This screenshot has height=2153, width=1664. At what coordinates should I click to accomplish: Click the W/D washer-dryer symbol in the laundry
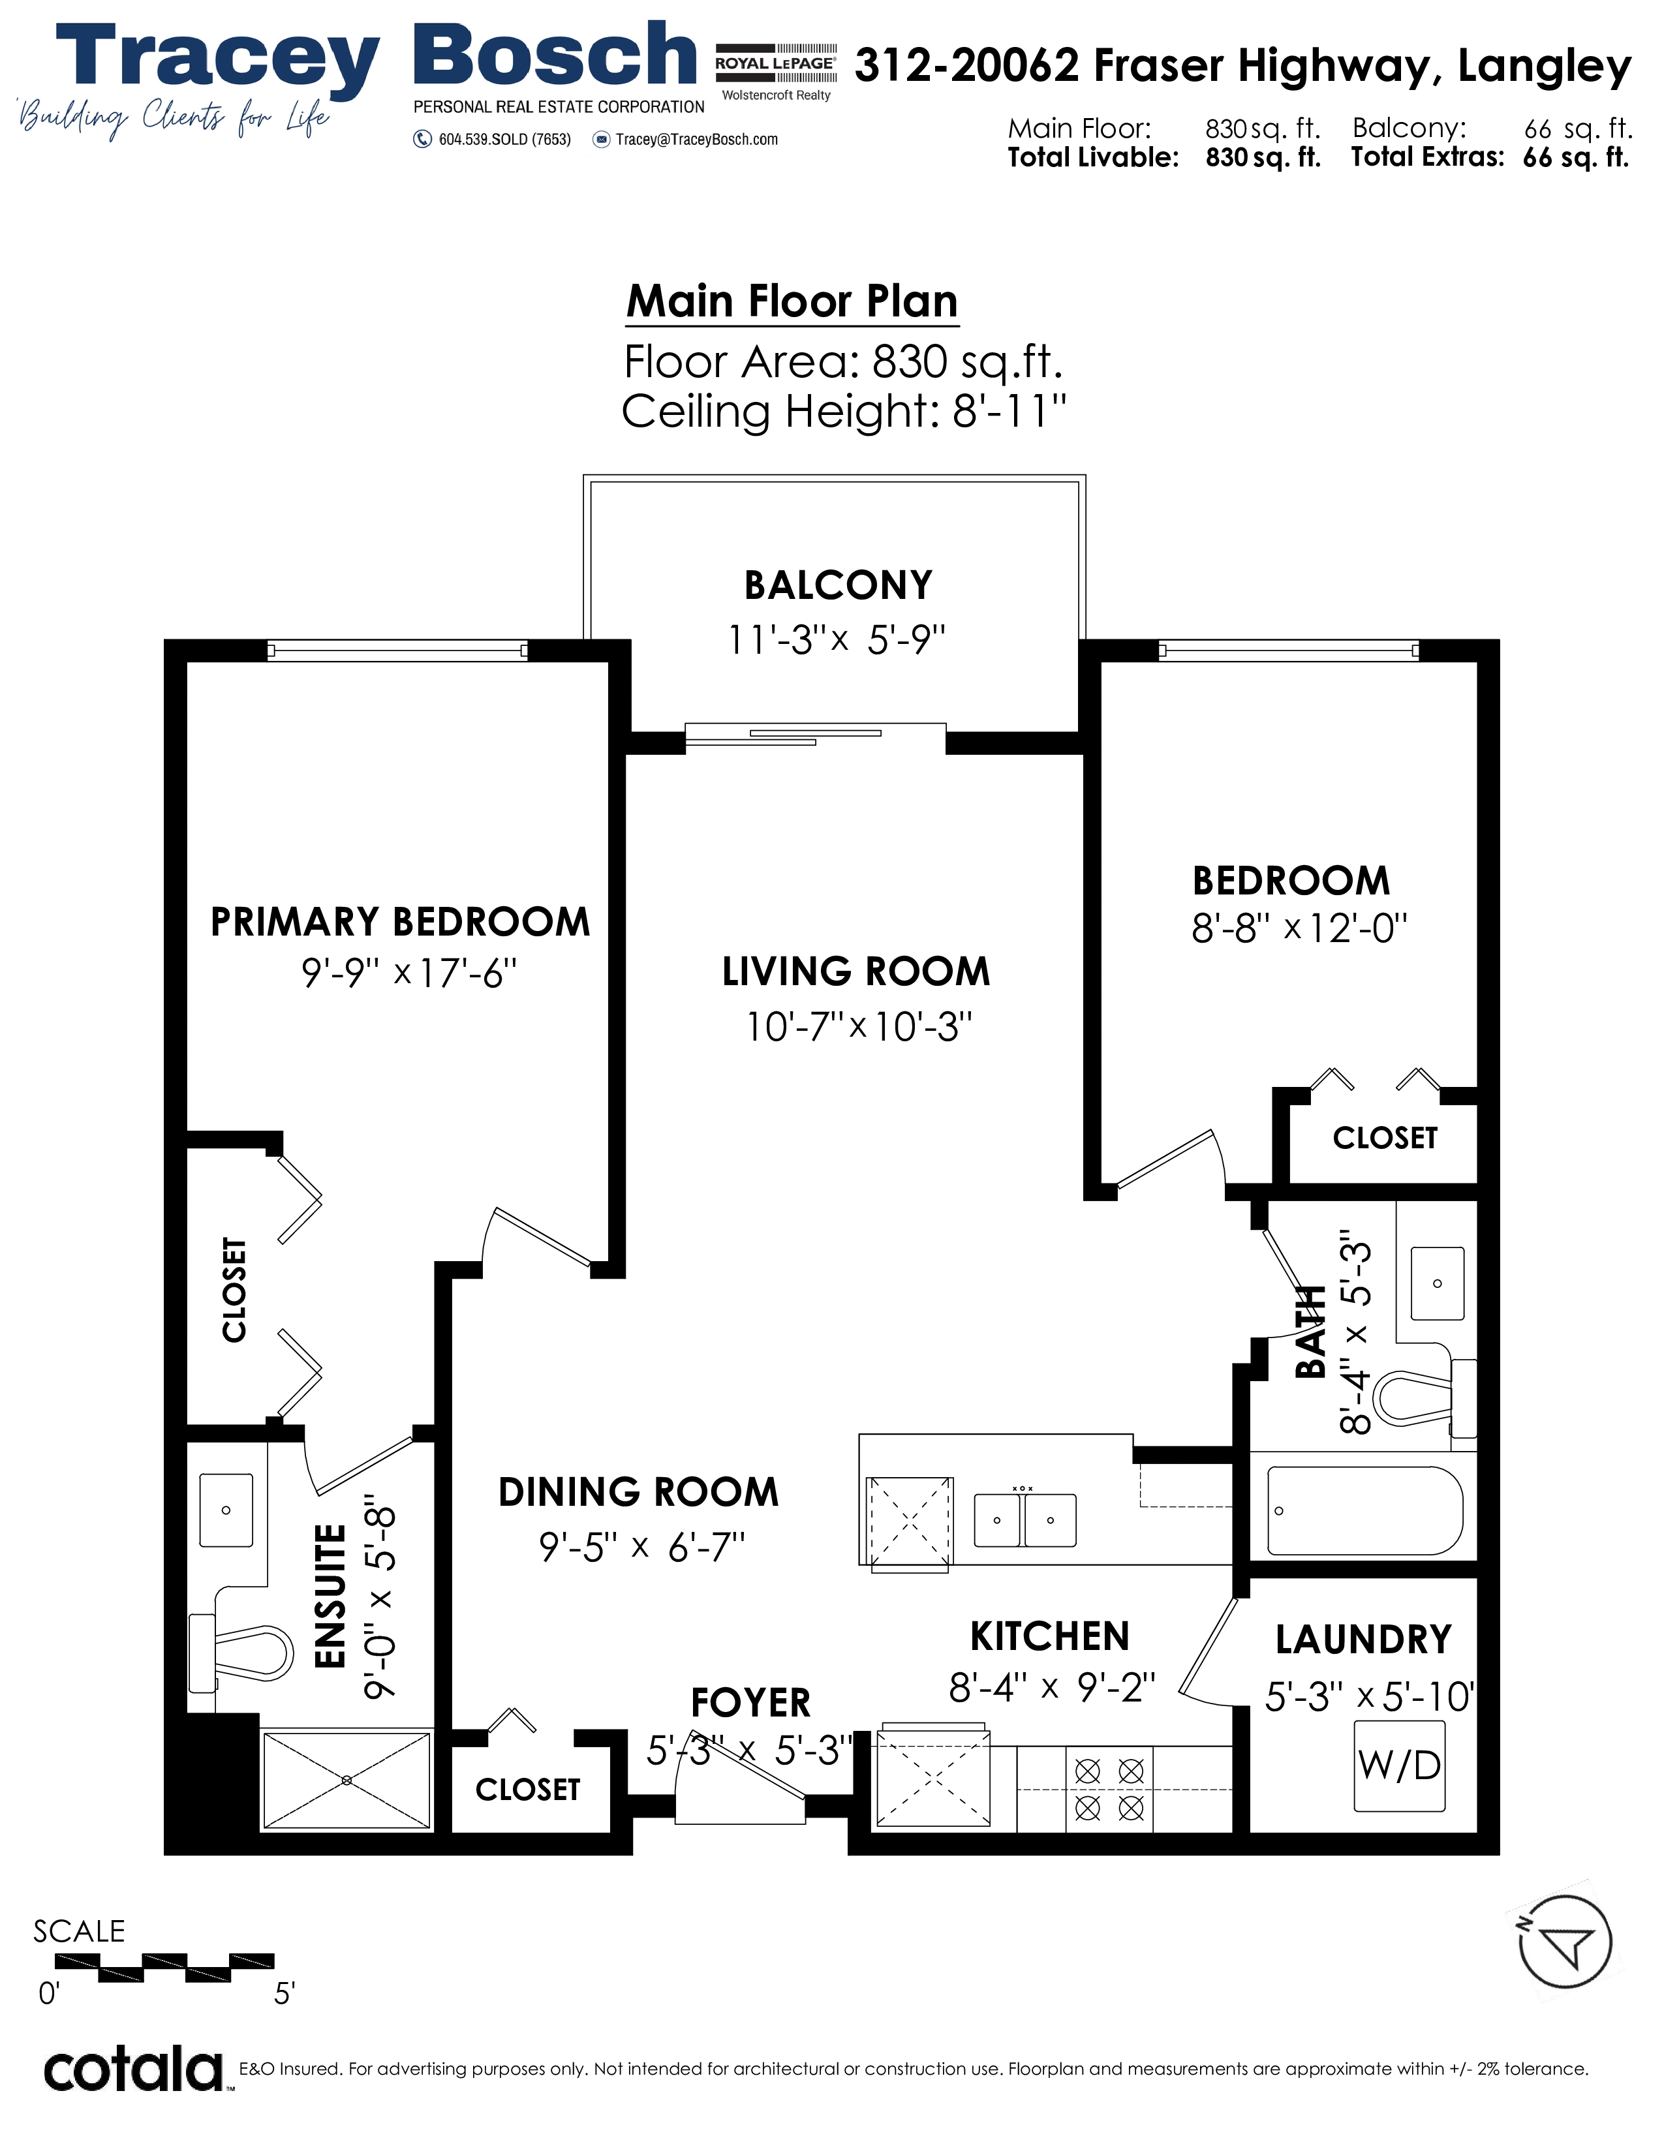tap(1400, 1765)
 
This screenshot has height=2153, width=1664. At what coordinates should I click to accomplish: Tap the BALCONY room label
tap(838, 586)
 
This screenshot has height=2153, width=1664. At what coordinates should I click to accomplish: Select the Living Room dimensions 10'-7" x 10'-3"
tap(859, 1027)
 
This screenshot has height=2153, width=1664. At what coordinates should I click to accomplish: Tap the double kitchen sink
tap(1025, 1520)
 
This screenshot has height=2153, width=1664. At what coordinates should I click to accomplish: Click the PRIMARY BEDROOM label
tap(400, 922)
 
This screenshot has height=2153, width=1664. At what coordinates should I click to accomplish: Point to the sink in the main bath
tap(1438, 1283)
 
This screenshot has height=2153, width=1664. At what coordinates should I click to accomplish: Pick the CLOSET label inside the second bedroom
tap(1385, 1138)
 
